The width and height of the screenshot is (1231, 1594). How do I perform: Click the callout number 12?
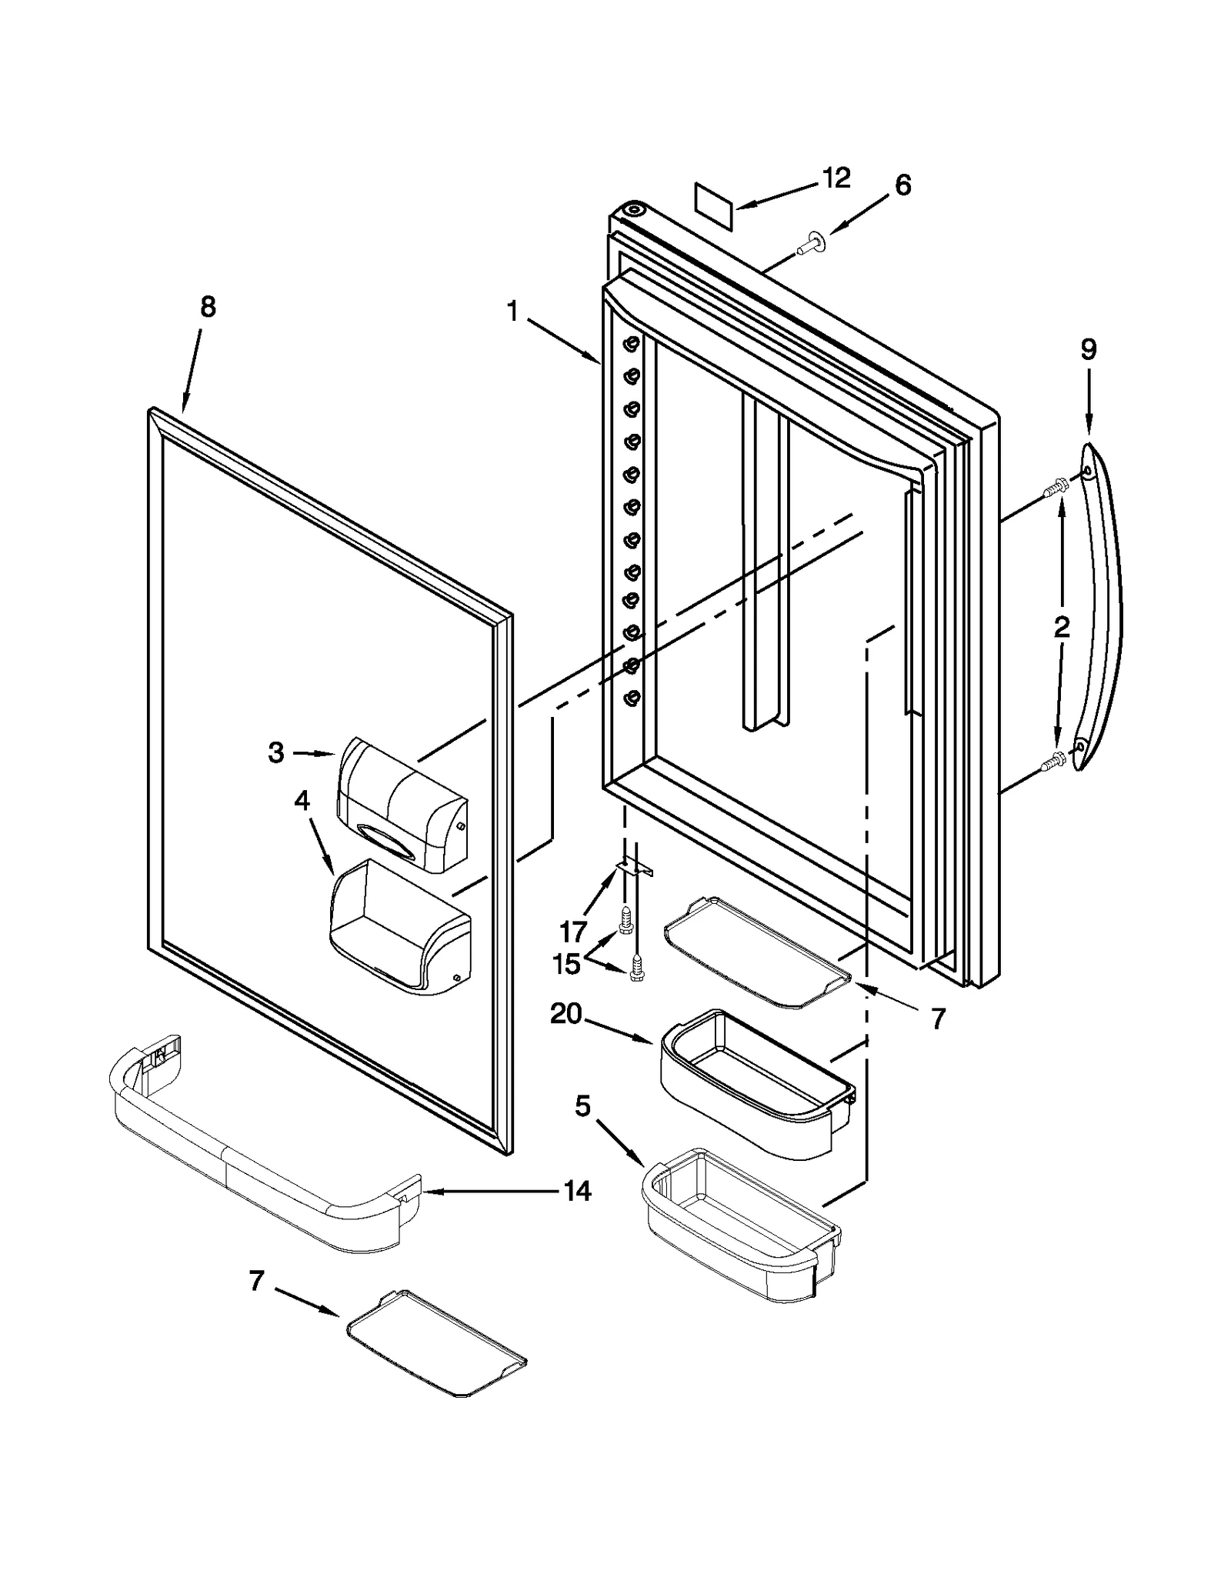pyautogui.click(x=836, y=178)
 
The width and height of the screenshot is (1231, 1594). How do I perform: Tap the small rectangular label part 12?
pyautogui.click(x=713, y=207)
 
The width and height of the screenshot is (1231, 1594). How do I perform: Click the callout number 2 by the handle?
pyautogui.click(x=1061, y=627)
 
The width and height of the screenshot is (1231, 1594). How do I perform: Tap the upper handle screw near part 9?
pyautogui.click(x=1055, y=489)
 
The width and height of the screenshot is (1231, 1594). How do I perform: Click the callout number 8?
pyautogui.click(x=208, y=307)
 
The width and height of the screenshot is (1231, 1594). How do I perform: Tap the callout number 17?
pyautogui.click(x=572, y=932)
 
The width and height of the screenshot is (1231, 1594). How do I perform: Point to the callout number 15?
pyautogui.click(x=567, y=965)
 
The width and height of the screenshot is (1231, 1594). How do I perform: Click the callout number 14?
pyautogui.click(x=577, y=1191)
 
